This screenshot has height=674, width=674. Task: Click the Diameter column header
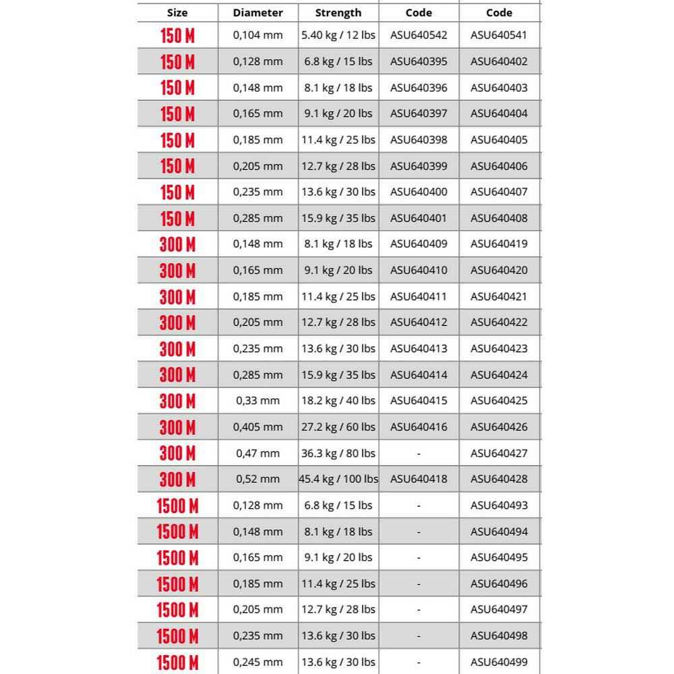[x=257, y=12]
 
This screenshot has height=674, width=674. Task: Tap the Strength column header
[x=338, y=12]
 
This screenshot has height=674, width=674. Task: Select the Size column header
[x=177, y=12]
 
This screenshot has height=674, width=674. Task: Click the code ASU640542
[x=419, y=35]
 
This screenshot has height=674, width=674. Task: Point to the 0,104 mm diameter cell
[x=257, y=35]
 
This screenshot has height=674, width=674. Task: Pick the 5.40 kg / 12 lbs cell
[x=338, y=35]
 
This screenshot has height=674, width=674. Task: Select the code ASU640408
[x=499, y=218]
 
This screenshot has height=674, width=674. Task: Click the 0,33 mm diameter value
[x=257, y=401]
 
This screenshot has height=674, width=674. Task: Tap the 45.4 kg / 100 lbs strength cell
[x=338, y=479]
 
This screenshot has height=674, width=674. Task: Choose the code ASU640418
[x=419, y=479]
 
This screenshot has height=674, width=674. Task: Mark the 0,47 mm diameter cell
[x=257, y=454]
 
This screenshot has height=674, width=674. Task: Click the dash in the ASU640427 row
[x=419, y=454]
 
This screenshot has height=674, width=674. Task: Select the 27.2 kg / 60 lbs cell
[x=338, y=427]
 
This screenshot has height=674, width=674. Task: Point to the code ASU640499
[x=499, y=663]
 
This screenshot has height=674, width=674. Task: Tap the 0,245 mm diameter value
[x=257, y=663]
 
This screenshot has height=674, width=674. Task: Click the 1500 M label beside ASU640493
[x=177, y=506]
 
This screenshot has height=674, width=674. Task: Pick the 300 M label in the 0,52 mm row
[x=177, y=479]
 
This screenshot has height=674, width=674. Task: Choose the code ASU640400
[x=419, y=192]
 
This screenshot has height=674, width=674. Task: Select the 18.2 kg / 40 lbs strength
[x=338, y=401]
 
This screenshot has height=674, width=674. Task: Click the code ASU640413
[x=419, y=349]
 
